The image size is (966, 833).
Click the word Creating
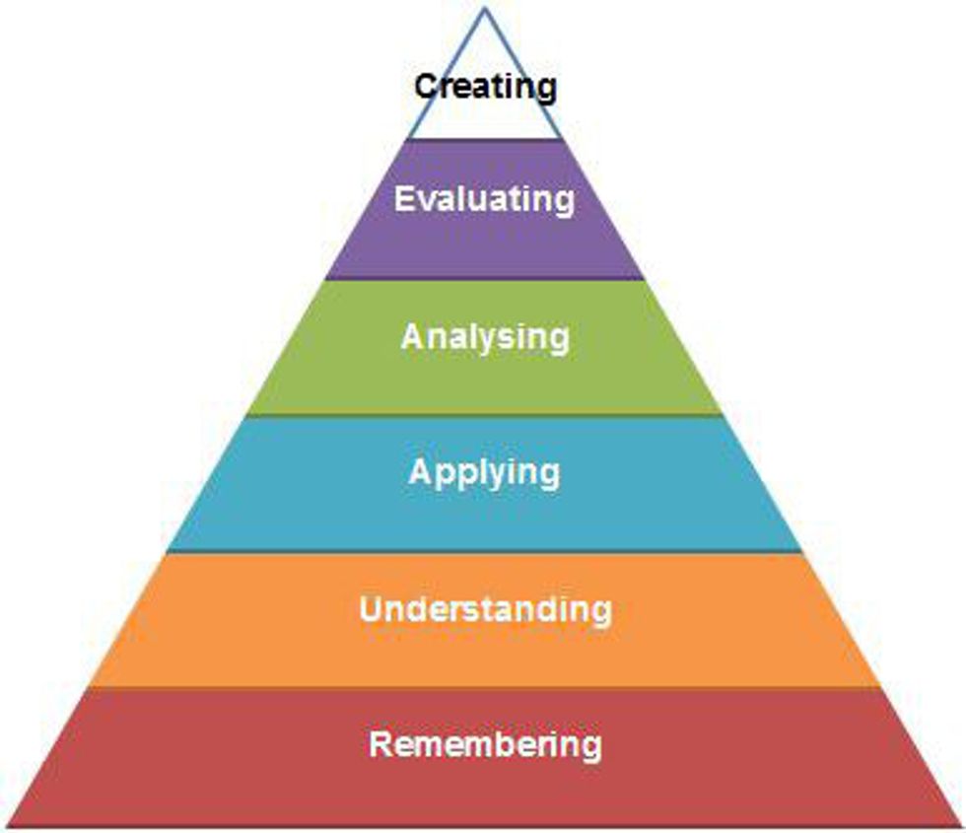tap(485, 87)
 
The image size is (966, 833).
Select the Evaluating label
tap(484, 199)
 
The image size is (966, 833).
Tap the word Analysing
tap(484, 338)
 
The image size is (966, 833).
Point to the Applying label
tap(484, 472)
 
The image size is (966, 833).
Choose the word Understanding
tap(484, 608)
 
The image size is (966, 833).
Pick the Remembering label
tap(484, 743)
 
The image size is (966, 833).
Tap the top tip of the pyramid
tap(484, 10)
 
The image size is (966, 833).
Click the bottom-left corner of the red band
tap(10, 824)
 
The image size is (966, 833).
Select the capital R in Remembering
tap(380, 743)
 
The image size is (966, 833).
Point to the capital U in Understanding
tap(371, 608)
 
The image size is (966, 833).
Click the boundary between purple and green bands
tap(484, 280)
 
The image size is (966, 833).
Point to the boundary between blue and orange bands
tap(484, 551)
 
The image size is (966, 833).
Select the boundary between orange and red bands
tap(484, 687)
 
